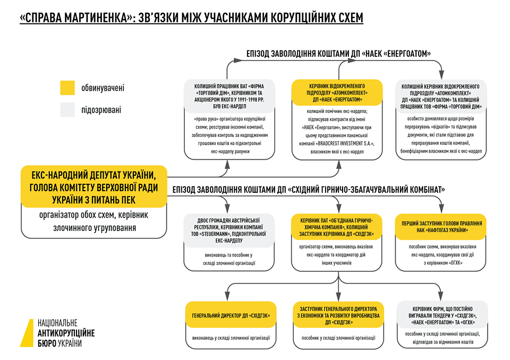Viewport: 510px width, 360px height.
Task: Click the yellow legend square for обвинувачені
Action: click(67, 88)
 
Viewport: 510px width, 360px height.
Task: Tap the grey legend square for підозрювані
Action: click(67, 109)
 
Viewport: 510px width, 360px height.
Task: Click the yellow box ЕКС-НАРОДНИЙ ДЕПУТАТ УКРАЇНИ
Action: click(94, 186)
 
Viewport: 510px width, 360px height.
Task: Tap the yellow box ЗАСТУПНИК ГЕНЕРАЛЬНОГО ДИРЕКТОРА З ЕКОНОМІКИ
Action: click(337, 315)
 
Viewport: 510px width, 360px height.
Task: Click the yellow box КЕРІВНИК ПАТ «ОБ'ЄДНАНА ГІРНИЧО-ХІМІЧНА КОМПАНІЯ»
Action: click(337, 227)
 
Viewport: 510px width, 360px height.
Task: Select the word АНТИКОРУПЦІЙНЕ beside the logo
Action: click(66, 333)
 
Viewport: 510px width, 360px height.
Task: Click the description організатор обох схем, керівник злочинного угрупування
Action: click(94, 221)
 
